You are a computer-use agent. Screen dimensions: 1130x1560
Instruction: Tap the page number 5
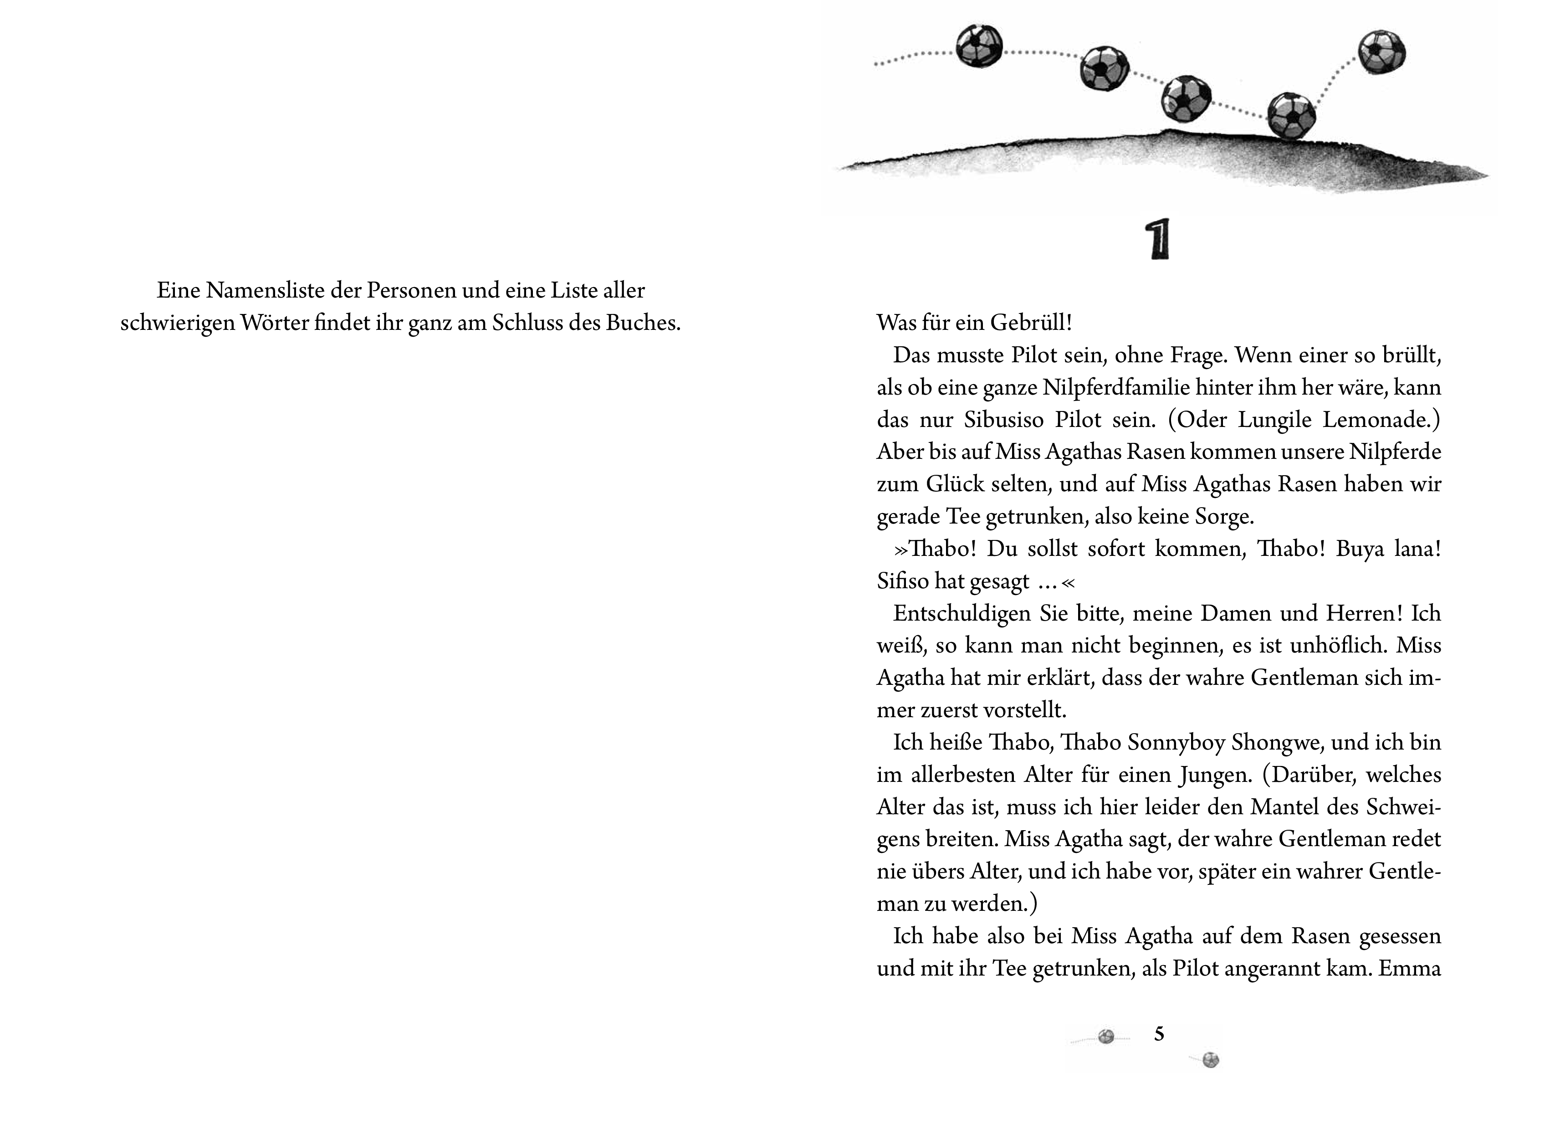[1159, 1034]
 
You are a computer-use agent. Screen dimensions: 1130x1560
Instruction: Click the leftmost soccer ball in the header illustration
[979, 46]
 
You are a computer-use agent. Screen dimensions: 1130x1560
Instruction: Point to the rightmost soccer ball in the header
[1382, 51]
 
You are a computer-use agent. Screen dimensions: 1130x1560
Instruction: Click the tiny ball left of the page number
[1106, 1037]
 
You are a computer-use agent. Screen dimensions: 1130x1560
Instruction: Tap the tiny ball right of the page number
[1211, 1060]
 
